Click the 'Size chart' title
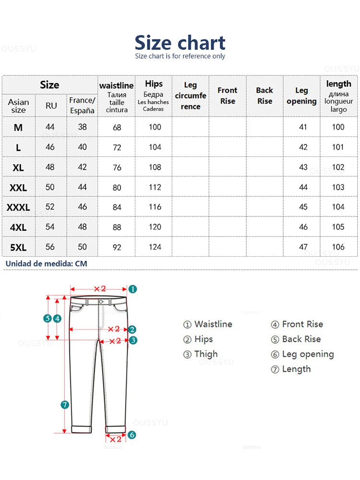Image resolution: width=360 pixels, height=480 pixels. [x=180, y=43]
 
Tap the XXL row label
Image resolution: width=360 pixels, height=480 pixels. [x=18, y=188]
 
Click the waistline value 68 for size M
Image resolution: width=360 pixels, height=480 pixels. [x=117, y=128]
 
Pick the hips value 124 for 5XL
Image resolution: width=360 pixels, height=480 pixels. [x=155, y=247]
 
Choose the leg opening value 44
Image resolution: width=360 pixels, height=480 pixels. [x=303, y=187]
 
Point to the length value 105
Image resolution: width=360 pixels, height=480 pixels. [x=338, y=227]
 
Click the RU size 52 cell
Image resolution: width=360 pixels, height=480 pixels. [x=50, y=207]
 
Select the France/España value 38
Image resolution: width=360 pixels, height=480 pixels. [x=83, y=127]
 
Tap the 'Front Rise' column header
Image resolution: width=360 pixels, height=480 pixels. [x=228, y=96]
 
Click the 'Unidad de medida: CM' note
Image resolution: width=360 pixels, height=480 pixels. [x=47, y=264]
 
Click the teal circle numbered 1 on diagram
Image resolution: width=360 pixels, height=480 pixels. [x=133, y=289]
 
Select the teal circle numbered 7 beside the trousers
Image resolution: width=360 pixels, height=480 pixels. [x=65, y=405]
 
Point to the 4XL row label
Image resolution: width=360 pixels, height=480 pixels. [x=18, y=228]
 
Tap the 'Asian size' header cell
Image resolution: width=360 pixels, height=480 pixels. [x=18, y=106]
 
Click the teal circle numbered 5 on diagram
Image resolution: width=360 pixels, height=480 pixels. [x=47, y=318]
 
